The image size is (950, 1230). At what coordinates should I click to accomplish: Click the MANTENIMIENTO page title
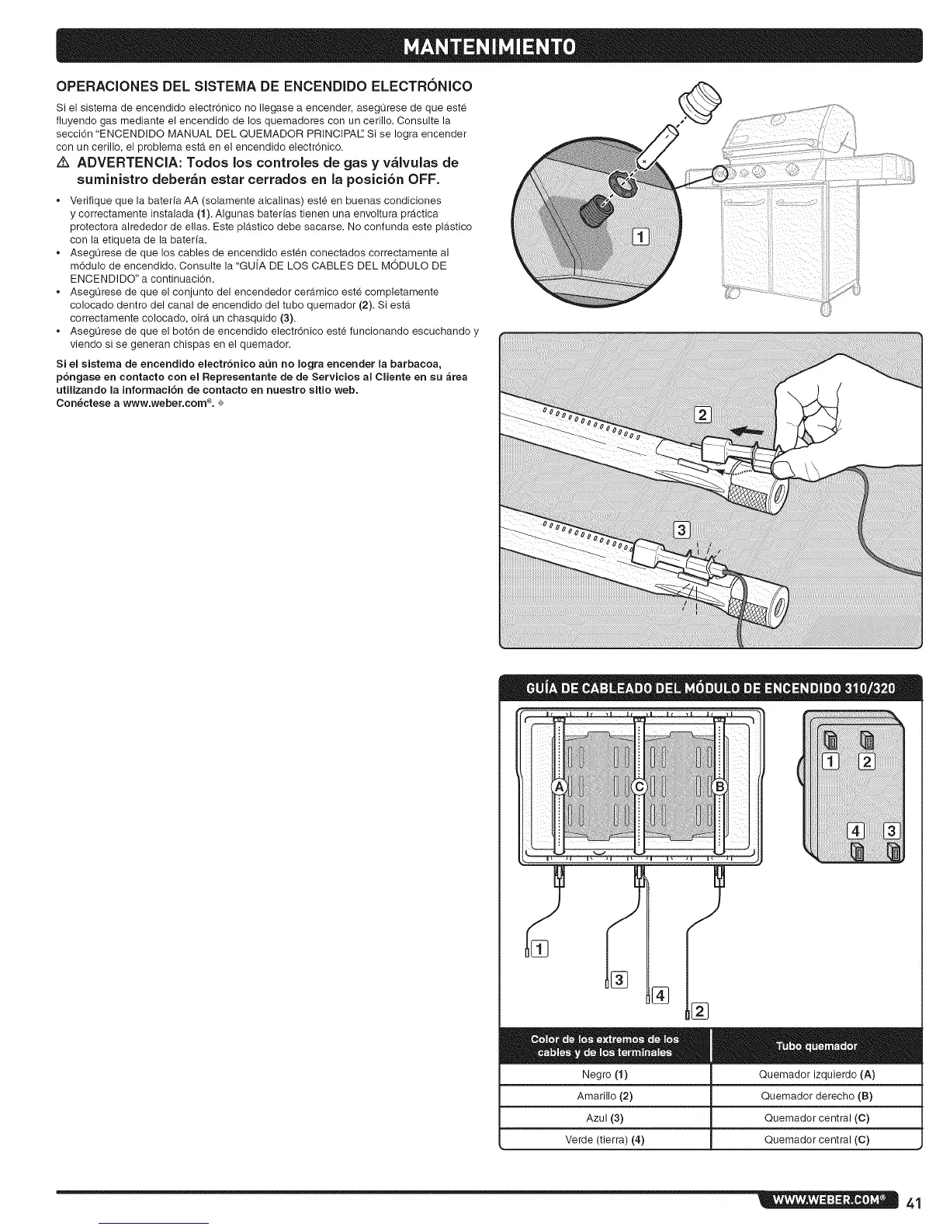pos(474,45)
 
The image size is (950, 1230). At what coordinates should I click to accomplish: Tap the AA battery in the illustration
pos(660,145)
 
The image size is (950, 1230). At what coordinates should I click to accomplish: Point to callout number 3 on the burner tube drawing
pos(682,530)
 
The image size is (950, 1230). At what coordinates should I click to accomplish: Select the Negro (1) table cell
pos(605,1075)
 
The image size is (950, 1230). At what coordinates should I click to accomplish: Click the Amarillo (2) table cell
pos(605,1096)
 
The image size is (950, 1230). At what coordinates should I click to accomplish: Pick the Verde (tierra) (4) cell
pos(605,1140)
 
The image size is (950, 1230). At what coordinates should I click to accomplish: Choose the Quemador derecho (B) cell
pos(817,1096)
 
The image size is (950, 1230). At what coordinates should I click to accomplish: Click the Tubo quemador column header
pos(817,1046)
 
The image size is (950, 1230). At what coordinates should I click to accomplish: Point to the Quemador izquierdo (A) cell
pos(817,1075)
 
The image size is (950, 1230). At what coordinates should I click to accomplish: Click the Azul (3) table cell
pos(605,1118)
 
